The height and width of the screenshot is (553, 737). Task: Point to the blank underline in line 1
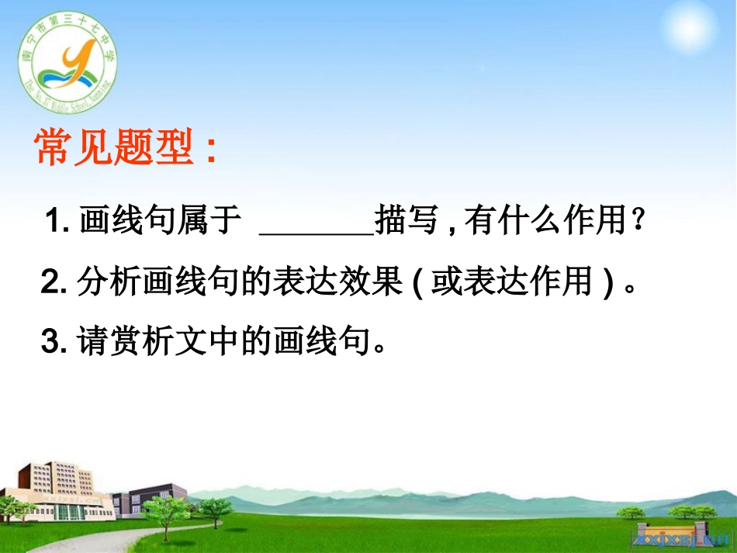point(315,231)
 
